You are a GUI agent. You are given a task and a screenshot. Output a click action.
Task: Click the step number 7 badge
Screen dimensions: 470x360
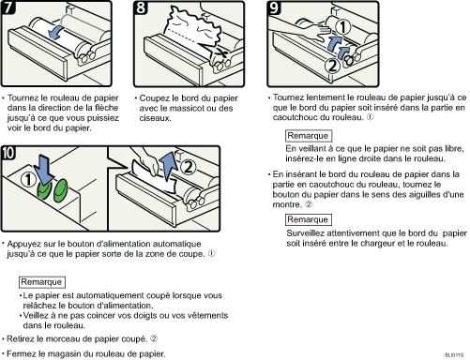pyautogui.click(x=8, y=7)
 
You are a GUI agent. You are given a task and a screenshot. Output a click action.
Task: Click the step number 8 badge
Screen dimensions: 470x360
pyautogui.click(x=141, y=7)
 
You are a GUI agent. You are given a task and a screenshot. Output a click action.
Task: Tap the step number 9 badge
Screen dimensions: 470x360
pyautogui.click(x=274, y=7)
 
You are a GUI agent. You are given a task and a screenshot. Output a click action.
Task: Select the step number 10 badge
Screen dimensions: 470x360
pyautogui.click(x=8, y=153)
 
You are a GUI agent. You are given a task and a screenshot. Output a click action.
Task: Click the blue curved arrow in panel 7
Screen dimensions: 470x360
pyautogui.click(x=55, y=33)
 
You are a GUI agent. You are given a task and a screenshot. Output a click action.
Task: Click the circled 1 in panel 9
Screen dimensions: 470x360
pyautogui.click(x=343, y=27)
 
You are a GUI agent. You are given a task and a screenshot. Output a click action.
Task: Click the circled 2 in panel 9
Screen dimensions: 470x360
pyautogui.click(x=332, y=66)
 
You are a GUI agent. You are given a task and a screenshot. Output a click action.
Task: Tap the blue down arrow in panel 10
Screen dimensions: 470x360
pyautogui.click(x=43, y=171)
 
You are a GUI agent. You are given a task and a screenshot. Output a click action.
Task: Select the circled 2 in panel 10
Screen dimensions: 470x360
pyautogui.click(x=189, y=167)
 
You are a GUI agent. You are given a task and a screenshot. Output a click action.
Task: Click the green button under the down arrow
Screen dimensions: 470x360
pyautogui.click(x=45, y=189)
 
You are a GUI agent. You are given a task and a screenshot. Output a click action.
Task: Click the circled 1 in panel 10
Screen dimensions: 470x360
pyautogui.click(x=28, y=180)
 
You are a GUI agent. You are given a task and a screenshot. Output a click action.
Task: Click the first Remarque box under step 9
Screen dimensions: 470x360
pyautogui.click(x=309, y=136)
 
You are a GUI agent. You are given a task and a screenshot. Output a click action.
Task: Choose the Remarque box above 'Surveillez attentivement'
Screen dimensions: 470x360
pyautogui.click(x=309, y=219)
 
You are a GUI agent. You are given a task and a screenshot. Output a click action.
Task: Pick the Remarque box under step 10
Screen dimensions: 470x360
pyautogui.click(x=42, y=282)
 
